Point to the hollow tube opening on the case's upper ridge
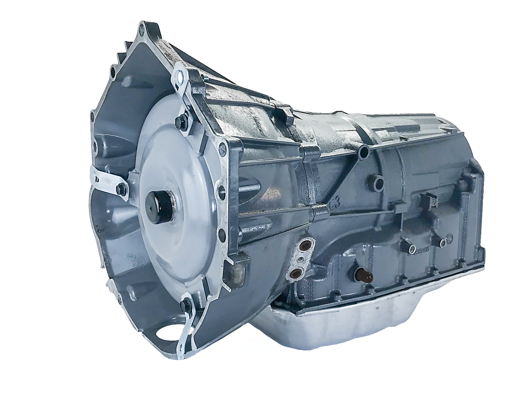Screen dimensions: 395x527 point(363,152)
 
